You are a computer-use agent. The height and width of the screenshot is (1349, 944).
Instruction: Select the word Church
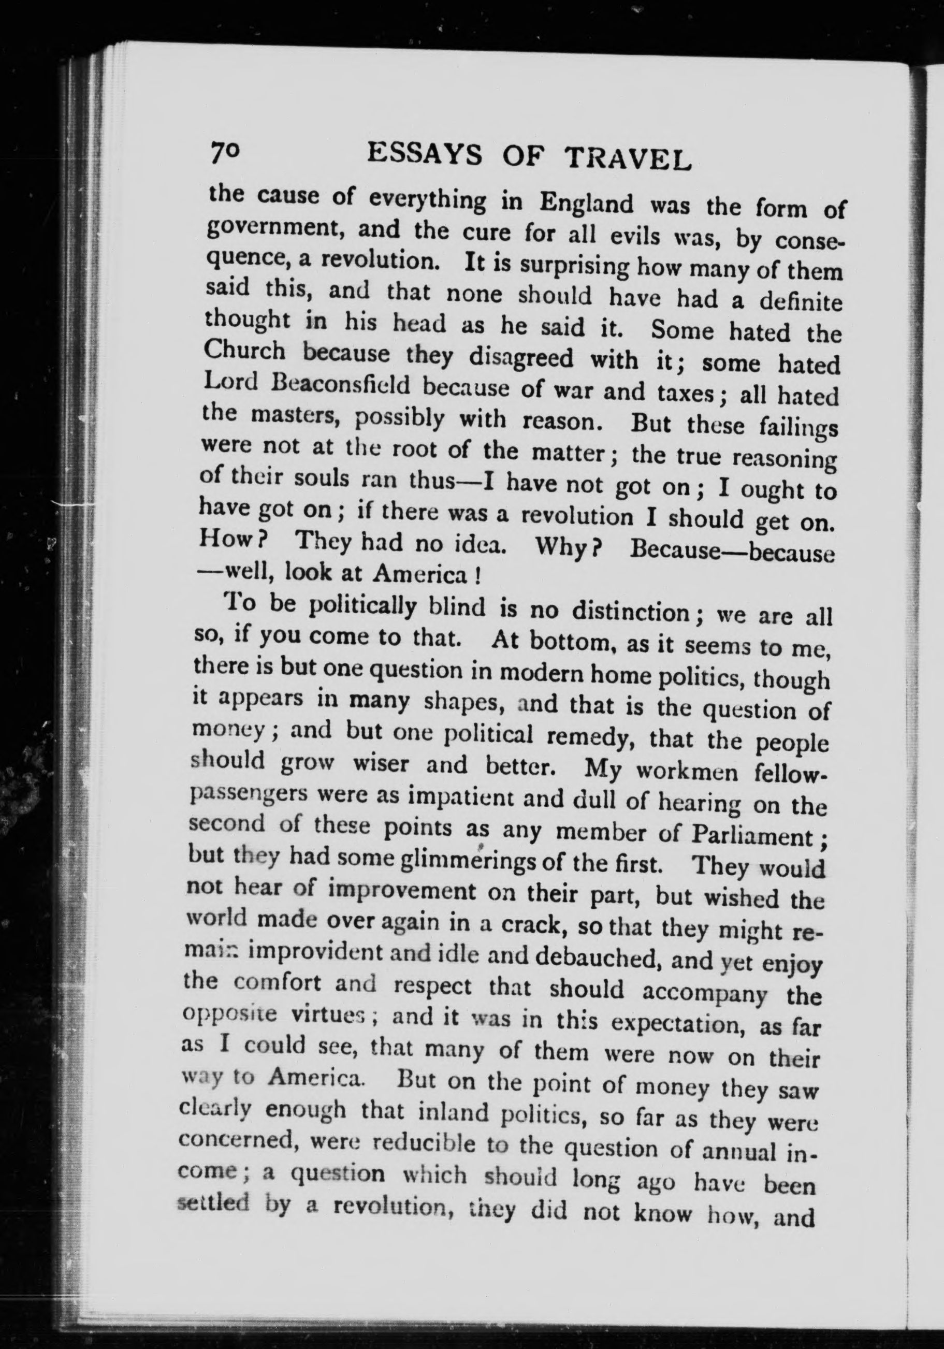tap(246, 352)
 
